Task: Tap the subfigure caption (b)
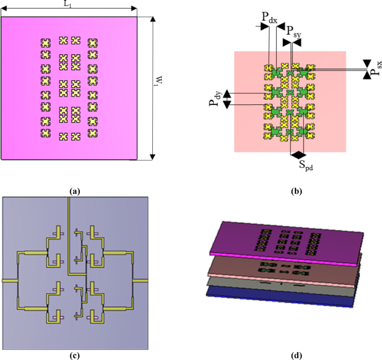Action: pyautogui.click(x=297, y=191)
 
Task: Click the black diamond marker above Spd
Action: pyautogui.click(x=299, y=153)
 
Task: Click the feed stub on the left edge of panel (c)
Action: pyautogui.click(x=9, y=280)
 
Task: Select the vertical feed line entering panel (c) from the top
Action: pyautogui.click(x=68, y=212)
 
